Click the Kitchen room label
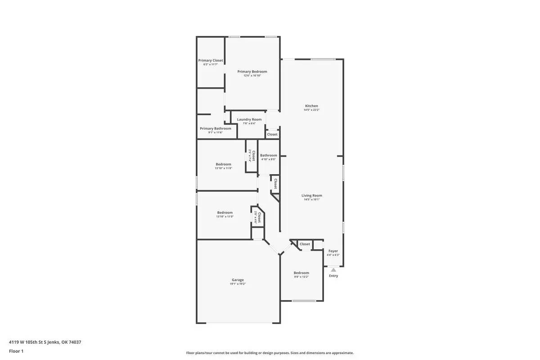tap(311, 106)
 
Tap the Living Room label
tap(311, 196)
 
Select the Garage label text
tap(238, 280)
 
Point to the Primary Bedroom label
tap(252, 72)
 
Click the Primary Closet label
tap(211, 60)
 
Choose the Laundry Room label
tap(249, 120)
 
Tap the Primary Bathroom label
tap(216, 129)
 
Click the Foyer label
tap(333, 251)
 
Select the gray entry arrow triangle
tap(333, 270)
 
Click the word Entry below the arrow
tap(333, 276)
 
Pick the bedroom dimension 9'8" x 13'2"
tap(301, 277)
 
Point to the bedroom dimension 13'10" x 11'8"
tap(223, 168)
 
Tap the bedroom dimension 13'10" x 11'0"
tap(225, 216)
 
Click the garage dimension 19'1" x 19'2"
tap(238, 284)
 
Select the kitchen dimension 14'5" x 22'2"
tap(311, 110)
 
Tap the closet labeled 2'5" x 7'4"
tap(252, 156)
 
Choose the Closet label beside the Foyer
tap(305, 244)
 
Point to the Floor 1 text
tap(16, 351)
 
